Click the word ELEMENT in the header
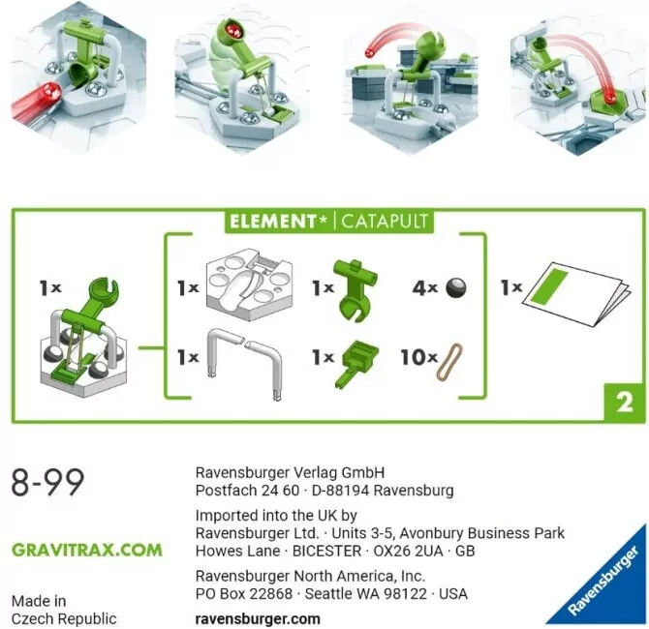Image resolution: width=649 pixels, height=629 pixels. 272,221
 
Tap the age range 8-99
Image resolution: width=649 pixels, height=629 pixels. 47,481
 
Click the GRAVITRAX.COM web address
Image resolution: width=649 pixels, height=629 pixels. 86,550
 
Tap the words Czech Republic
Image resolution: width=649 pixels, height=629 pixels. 64,618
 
